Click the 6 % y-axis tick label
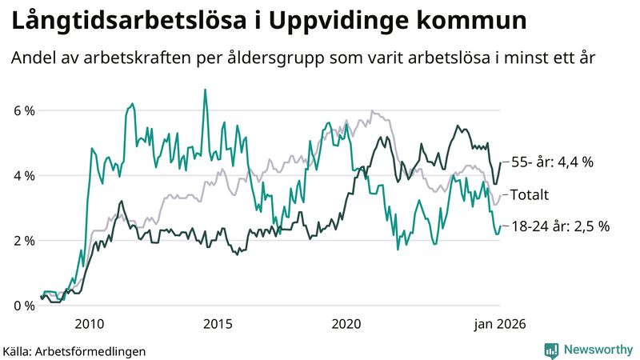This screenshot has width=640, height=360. (x=23, y=110)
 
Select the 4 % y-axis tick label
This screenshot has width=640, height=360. (x=23, y=175)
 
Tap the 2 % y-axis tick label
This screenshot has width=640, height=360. (x=23, y=241)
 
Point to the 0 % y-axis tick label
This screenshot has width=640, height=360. (x=23, y=306)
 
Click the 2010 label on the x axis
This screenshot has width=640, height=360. (x=89, y=324)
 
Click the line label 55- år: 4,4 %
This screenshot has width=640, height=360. (x=552, y=162)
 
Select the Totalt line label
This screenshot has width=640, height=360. (x=529, y=194)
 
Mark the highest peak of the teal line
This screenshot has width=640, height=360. (x=205, y=90)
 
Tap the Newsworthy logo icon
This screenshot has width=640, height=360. (x=551, y=350)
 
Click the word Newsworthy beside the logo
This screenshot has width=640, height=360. (x=597, y=350)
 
